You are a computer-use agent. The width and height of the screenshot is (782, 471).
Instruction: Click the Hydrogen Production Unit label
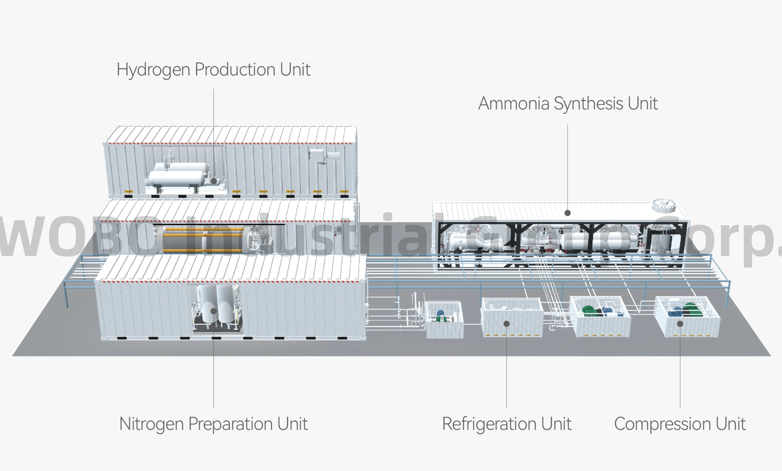point(213,70)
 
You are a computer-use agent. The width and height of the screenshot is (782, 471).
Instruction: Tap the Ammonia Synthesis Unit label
point(568,103)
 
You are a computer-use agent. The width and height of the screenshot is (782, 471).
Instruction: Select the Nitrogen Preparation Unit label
point(213,424)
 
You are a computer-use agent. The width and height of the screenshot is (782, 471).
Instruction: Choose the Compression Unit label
point(680,424)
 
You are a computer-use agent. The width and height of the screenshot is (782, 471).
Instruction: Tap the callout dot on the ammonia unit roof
point(568,213)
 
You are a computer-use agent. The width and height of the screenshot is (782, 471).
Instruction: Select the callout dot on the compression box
point(680,324)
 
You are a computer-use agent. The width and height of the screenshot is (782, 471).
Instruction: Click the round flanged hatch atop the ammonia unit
point(664,205)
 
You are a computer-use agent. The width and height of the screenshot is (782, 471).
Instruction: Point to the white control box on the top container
point(316,155)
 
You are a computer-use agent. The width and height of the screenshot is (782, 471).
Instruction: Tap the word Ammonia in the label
point(514,103)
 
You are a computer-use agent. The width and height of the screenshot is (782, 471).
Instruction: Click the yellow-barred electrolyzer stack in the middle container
point(203,240)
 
